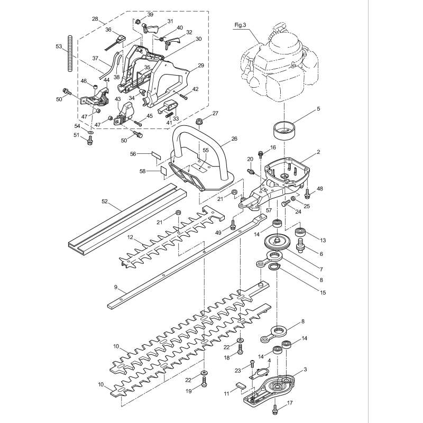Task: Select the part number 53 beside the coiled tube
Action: [59, 47]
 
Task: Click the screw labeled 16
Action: [260, 154]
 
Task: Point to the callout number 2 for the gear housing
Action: [318, 152]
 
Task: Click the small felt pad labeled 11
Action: [240, 385]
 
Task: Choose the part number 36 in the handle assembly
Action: [108, 30]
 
